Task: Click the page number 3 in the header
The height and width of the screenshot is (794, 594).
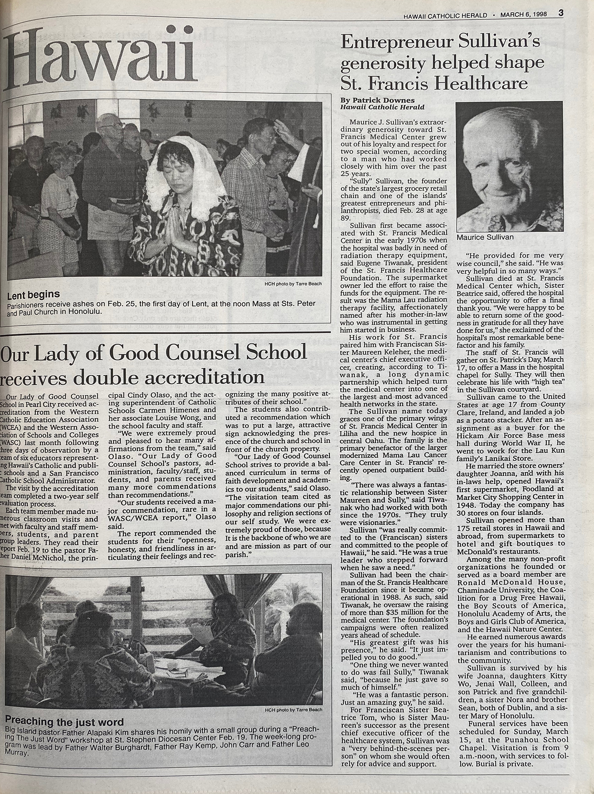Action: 561,13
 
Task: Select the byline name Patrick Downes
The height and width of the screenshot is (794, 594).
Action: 375,100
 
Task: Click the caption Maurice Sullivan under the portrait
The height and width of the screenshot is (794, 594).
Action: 485,237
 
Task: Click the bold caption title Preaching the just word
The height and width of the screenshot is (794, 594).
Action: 65,721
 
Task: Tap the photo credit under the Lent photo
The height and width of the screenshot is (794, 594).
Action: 292,284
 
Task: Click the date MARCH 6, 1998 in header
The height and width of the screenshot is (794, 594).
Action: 523,15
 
